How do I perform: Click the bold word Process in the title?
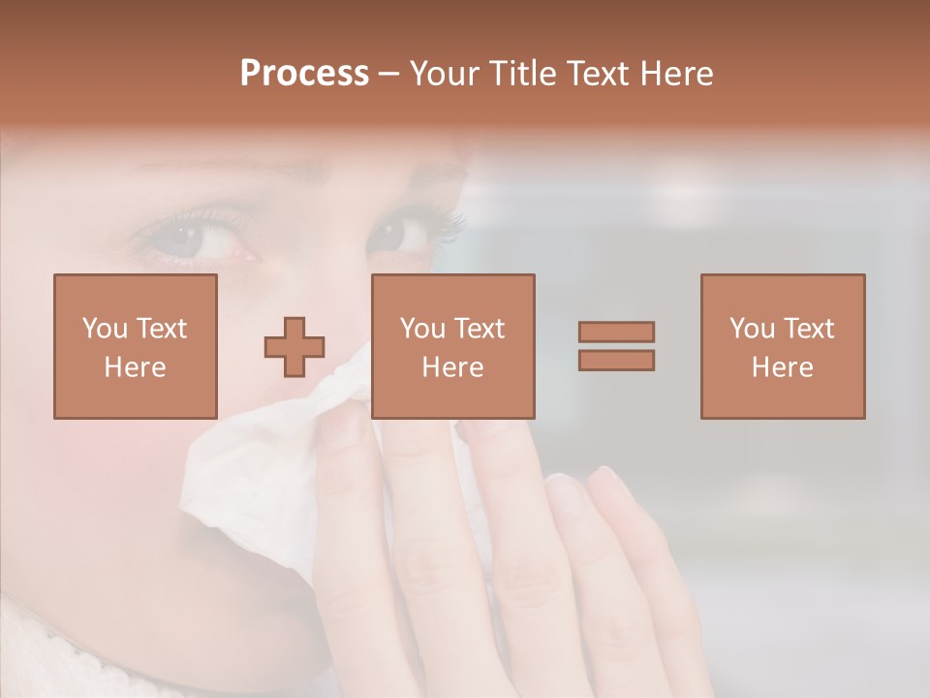(x=304, y=74)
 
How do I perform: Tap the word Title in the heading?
(x=522, y=74)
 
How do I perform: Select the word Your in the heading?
(x=446, y=74)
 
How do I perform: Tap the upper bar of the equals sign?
(x=616, y=332)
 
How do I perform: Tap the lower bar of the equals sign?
(x=616, y=361)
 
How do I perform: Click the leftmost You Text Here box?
(x=136, y=346)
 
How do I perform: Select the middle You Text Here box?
(x=453, y=346)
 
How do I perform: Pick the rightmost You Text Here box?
(x=783, y=346)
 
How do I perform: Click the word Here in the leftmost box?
(x=136, y=366)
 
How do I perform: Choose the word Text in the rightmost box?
(x=809, y=329)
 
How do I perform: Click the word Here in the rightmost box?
(x=783, y=366)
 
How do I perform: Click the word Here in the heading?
(x=676, y=74)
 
